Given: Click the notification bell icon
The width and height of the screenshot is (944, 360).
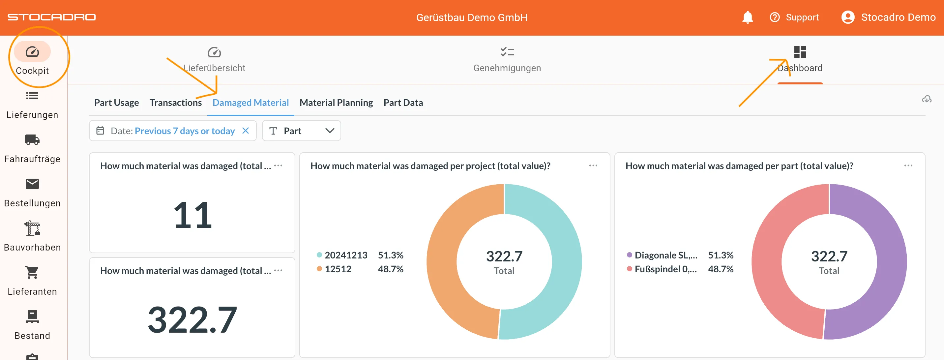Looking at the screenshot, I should coord(747,17).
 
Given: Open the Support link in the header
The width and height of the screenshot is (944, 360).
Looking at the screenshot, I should coord(794,17).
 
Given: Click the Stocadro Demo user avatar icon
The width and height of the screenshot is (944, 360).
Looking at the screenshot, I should coord(848,17).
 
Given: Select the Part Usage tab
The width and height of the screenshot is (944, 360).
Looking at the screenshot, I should coord(117,103).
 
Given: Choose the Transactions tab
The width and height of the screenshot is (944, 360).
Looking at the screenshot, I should coord(176,103).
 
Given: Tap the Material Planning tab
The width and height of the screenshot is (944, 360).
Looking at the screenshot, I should coord(336,103).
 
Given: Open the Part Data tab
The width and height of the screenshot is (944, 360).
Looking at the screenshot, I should coord(403,103).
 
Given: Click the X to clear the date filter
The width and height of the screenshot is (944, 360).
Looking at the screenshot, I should coord(246,131).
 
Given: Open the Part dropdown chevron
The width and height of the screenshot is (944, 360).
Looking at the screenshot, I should coord(330,131).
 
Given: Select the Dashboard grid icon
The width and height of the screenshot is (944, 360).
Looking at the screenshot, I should coord(800,52).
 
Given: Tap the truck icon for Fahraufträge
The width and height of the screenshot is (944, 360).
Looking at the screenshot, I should coord(32,140).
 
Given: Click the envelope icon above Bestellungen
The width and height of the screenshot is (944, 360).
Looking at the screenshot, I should coord(32,184).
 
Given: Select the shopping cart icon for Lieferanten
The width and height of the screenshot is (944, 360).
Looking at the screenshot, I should coord(32,272).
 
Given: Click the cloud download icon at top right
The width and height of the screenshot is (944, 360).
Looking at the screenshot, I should coord(927,99).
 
